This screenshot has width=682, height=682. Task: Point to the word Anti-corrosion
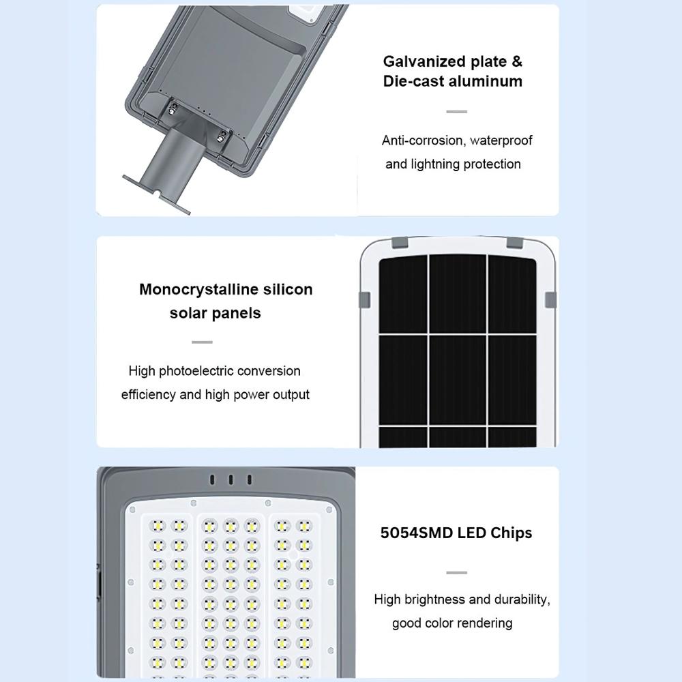(422, 140)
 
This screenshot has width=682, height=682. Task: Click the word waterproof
(501, 140)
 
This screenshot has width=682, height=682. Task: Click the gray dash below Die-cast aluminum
(456, 111)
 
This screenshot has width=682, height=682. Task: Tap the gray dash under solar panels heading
(202, 342)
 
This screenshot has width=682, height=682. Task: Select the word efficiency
(148, 395)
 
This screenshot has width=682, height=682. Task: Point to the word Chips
(512, 533)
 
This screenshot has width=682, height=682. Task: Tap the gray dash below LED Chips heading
(456, 573)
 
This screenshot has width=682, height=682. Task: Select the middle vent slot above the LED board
(231, 480)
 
